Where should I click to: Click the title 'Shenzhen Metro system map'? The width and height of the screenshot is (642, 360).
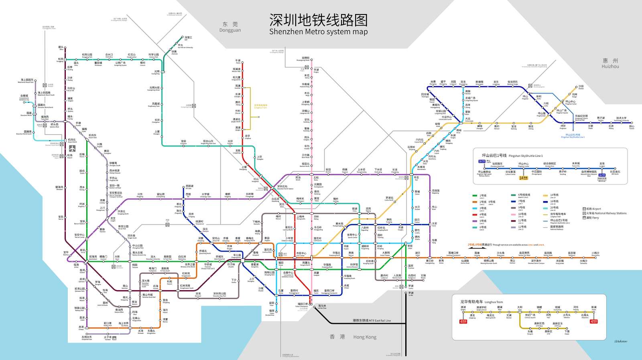coord(318,32)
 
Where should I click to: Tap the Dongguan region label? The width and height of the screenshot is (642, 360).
coord(230,27)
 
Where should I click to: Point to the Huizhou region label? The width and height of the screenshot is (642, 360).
coord(610,63)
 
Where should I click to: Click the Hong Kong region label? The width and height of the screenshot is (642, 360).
coord(353,337)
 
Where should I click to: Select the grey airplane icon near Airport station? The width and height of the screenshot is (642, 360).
coord(72,148)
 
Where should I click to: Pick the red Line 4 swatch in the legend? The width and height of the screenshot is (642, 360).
coord(475,215)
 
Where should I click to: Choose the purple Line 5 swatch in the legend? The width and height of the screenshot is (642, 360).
coord(475,221)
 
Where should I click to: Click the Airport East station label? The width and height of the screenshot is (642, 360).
coord(93,136)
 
